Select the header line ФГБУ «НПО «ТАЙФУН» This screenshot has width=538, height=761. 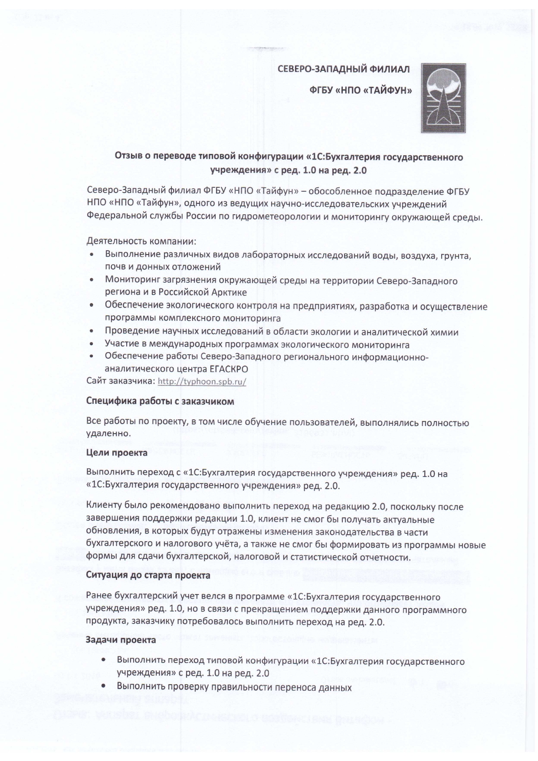[360, 91]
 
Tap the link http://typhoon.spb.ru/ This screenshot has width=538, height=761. [202, 382]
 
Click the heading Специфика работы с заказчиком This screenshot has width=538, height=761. [160, 401]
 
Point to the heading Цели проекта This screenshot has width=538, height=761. [117, 453]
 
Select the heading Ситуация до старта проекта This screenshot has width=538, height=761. [148, 575]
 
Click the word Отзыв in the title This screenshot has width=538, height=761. [126, 157]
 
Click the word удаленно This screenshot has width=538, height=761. [108, 433]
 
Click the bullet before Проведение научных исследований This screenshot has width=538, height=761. [92, 332]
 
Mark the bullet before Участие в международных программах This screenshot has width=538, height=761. [92, 345]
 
